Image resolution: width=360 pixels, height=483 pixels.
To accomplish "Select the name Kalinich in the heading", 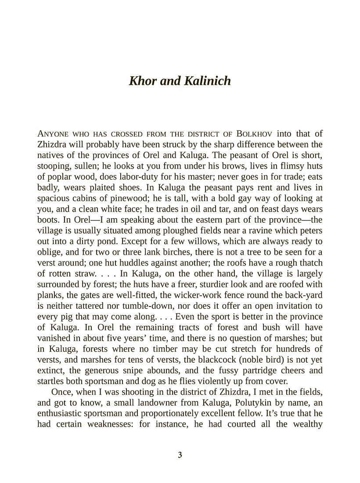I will click(x=207, y=81).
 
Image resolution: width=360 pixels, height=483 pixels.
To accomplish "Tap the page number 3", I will click(x=180, y=454).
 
